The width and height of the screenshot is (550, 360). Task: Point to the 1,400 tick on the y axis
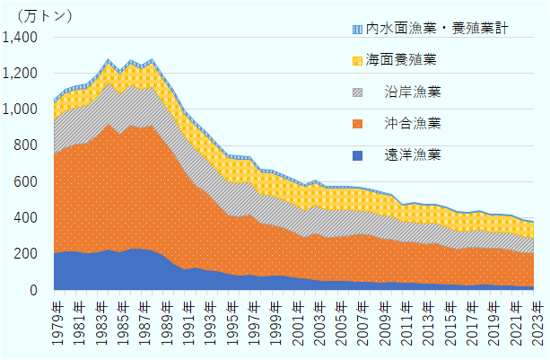pos(21,38)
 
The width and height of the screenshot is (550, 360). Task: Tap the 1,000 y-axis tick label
pos(21,110)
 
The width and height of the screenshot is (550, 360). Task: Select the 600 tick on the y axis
pos(26,182)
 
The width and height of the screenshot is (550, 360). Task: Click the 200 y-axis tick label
pos(26,254)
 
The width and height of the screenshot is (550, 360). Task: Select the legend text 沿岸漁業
pos(412,92)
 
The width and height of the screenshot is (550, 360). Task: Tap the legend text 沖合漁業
pos(412,123)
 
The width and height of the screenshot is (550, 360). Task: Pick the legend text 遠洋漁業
pos(412,154)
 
